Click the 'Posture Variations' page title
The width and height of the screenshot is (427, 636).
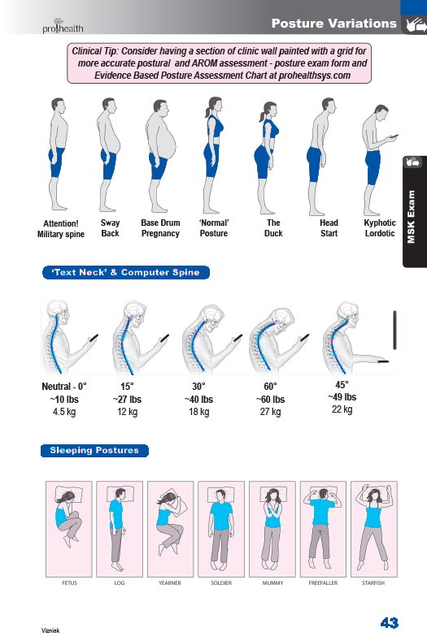coord(333,24)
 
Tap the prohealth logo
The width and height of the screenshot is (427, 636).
coord(63,26)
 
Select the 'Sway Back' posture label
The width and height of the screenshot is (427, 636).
coord(110,228)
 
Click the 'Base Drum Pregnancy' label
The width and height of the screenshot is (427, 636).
coord(160,228)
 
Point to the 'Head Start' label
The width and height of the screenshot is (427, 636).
coord(329,228)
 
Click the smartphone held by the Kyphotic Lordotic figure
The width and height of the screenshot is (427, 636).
coord(394,136)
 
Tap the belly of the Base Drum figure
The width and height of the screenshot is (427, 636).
coord(171,146)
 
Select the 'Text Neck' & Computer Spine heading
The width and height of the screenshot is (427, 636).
coord(126,273)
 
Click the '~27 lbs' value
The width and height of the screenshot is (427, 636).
coord(127,400)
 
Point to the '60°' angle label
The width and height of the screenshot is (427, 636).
coord(270,387)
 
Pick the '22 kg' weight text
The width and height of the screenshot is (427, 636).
coord(342,409)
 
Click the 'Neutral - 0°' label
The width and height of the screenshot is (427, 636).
coord(64,387)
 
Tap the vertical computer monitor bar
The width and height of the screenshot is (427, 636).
coord(394,330)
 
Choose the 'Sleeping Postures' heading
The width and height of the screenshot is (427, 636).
coord(94,451)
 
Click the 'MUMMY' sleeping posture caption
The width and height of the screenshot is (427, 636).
coord(272,583)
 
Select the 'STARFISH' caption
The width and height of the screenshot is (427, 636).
coord(373,583)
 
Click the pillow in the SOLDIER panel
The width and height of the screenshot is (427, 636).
coord(221,495)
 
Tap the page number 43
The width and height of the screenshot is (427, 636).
coord(390,623)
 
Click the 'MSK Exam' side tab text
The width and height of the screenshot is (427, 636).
coord(412,217)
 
